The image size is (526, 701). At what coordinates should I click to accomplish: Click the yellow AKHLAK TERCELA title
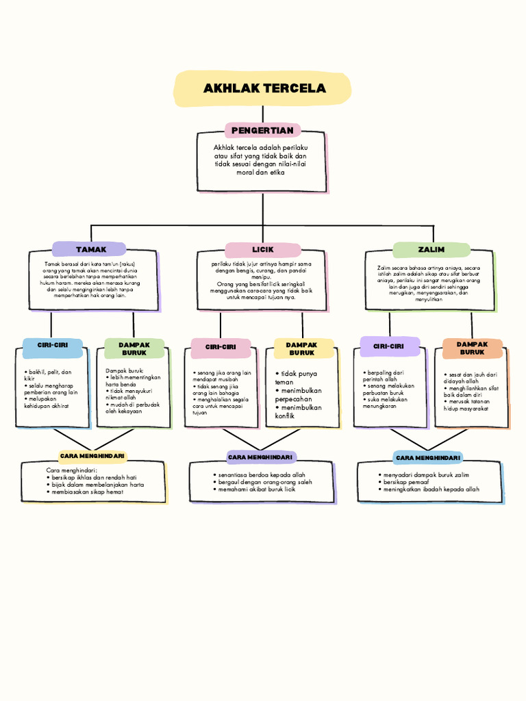coord(263,89)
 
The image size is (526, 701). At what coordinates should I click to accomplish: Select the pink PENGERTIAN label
coord(262,130)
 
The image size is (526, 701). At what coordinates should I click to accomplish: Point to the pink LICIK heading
coord(262,250)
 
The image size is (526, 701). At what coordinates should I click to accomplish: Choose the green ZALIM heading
coord(431,249)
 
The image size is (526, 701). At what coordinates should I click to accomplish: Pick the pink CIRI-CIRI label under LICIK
coord(221,347)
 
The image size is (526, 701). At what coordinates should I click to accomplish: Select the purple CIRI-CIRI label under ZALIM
coord(388,346)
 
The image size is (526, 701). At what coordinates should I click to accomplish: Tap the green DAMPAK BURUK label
coord(134,348)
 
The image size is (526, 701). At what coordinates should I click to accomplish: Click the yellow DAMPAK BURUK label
coord(302,348)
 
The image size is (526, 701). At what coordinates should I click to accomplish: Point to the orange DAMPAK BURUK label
coord(472,348)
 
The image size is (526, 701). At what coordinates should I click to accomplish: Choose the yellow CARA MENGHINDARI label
coord(93,456)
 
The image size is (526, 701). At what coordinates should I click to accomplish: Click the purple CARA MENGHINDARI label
coord(260,457)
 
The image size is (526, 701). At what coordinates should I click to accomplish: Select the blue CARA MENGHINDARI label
coord(429,457)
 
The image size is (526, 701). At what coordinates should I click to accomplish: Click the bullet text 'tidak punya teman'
coord(297,378)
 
